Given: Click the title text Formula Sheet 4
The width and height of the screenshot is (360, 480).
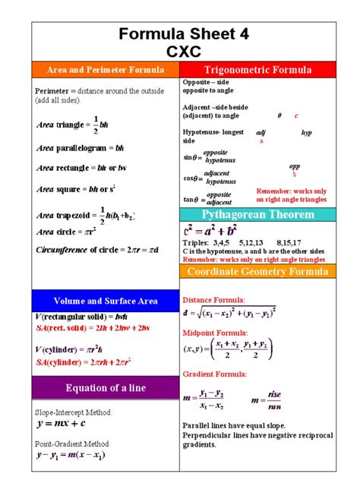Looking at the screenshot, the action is point(181,34).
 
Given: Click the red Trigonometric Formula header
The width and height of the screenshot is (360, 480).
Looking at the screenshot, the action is point(257,70).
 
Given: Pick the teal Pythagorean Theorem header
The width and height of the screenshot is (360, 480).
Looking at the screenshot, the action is point(257,215).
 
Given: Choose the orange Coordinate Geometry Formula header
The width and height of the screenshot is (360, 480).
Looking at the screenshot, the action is point(257,272).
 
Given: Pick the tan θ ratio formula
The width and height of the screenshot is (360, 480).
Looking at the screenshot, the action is point(208,199).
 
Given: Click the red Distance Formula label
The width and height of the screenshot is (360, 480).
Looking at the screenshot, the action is point(214,300).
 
